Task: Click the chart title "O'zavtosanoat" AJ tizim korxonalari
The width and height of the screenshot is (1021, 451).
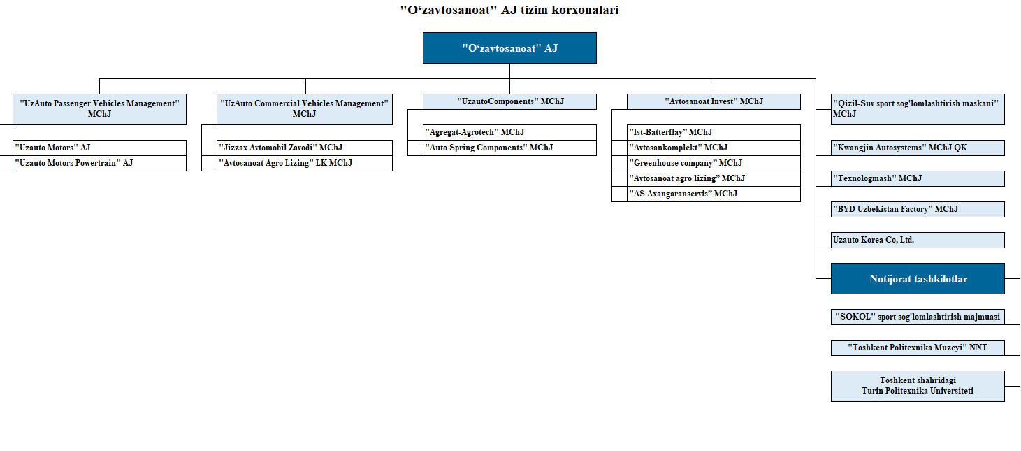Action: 509,10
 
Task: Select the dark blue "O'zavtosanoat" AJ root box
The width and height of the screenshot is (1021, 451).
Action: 509,48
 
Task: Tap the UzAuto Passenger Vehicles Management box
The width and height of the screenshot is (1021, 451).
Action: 99,109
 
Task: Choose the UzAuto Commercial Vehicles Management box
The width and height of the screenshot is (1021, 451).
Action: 305,109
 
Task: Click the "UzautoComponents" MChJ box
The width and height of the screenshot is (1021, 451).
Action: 509,101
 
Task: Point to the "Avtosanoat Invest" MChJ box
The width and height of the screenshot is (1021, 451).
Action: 714,101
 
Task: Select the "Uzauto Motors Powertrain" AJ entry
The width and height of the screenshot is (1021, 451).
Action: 99,163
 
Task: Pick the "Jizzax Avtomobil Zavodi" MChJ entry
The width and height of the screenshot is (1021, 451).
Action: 305,148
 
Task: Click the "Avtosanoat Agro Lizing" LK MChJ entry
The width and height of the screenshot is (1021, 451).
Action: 305,163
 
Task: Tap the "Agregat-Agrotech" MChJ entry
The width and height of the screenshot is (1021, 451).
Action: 509,132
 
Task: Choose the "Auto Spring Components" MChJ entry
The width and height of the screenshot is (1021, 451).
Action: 509,148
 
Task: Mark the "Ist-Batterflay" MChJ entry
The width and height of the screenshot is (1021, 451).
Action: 714,132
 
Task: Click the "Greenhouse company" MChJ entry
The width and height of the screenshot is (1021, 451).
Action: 714,163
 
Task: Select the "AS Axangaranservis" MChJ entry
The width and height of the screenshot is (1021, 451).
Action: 714,194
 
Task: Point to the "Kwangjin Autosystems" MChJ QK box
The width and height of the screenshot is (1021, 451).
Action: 918,148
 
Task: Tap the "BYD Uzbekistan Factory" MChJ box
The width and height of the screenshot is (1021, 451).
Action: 918,209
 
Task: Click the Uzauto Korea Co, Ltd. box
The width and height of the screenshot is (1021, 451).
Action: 918,241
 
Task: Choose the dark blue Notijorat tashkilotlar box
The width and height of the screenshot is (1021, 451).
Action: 918,278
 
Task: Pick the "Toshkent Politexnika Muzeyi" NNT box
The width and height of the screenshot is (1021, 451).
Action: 918,348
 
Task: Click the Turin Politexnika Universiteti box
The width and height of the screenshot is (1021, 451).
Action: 918,386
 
